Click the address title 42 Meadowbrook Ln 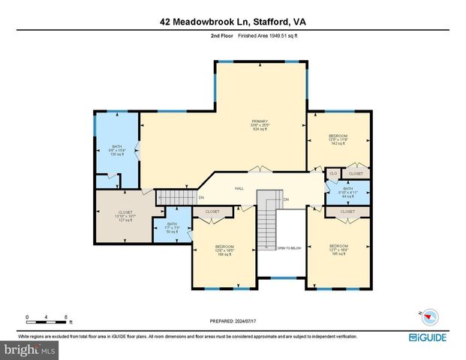pyautogui.click(x=233, y=22)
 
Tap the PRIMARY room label pyautogui.click(x=260, y=124)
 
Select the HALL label pyautogui.click(x=239, y=188)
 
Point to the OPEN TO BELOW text pyautogui.click(x=288, y=247)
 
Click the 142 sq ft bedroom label pyautogui.click(x=338, y=141)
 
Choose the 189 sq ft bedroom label pyautogui.click(x=225, y=250)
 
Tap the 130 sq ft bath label pyautogui.click(x=117, y=150)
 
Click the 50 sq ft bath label pyautogui.click(x=172, y=228)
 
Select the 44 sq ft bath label pyautogui.click(x=348, y=192)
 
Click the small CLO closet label pyautogui.click(x=333, y=173)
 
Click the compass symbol pyautogui.click(x=420, y=316)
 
